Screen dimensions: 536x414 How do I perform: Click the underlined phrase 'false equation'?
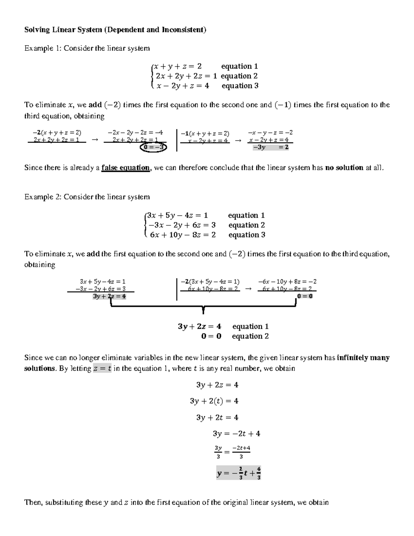[126, 168]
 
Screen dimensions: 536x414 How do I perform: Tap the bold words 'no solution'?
[344, 168]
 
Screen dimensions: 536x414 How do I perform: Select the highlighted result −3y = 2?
[270, 147]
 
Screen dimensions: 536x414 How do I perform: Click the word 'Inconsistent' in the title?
[183, 30]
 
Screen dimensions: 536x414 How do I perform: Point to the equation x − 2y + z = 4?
[183, 86]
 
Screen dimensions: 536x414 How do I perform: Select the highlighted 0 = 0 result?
[305, 296]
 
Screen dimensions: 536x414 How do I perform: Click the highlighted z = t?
[102, 369]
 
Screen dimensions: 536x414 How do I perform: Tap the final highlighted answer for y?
[238, 474]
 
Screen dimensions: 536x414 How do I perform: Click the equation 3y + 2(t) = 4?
[214, 401]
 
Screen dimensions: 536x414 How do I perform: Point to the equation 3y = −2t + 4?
[237, 433]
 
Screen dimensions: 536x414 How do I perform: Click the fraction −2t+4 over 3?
[241, 452]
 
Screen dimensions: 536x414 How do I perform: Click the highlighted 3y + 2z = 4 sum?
[109, 296]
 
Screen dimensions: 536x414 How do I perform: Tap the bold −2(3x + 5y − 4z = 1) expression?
[210, 282]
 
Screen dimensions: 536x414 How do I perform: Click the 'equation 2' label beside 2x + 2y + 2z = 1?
[239, 76]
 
